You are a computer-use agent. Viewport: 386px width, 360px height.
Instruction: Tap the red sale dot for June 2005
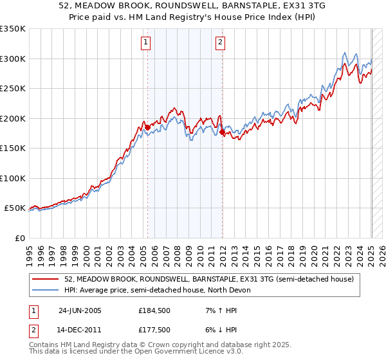[x=147, y=127]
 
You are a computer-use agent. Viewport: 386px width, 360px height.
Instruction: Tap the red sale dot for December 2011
[x=223, y=132]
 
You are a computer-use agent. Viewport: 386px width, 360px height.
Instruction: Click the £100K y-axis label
[x=13, y=178]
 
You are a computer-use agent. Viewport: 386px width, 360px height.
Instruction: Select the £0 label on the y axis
[x=19, y=238]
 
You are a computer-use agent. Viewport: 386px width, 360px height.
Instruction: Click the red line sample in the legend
[x=46, y=279]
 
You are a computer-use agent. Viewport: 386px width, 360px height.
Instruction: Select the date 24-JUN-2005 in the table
[x=80, y=310]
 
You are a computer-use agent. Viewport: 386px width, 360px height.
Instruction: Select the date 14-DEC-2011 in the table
[x=80, y=330]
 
